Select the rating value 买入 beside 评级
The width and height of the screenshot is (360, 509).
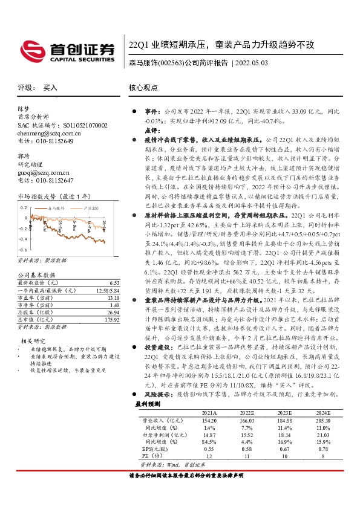pos(50,88)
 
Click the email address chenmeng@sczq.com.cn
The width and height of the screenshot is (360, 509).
pos(47,132)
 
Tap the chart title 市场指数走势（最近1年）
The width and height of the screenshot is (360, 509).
pos(53,196)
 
